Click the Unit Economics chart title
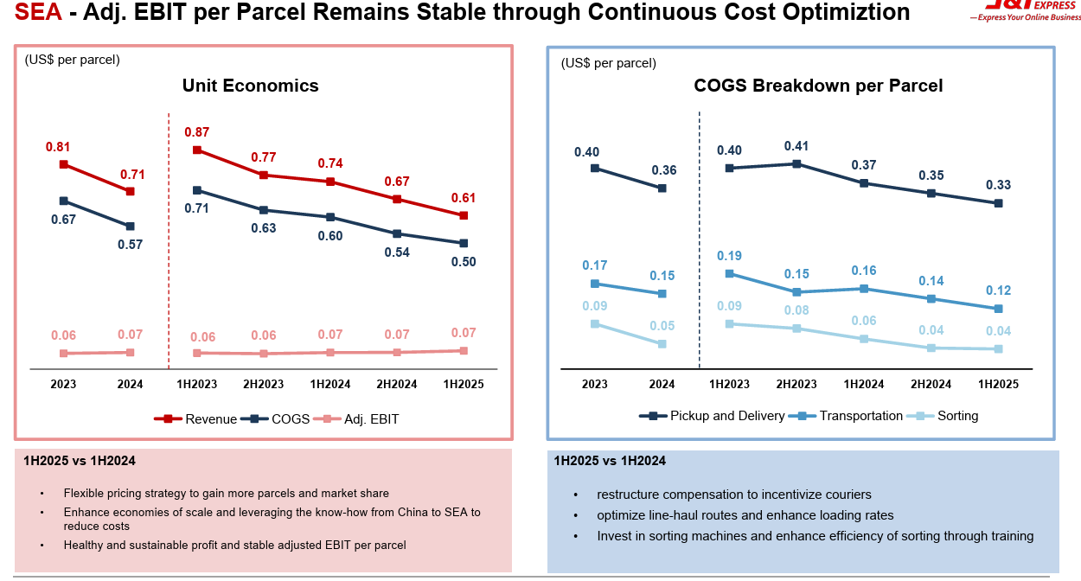pyautogui.click(x=250, y=86)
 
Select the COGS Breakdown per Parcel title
pyautogui.click(x=818, y=86)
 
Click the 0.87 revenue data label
pyautogui.click(x=196, y=132)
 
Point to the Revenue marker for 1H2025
pyautogui.click(x=464, y=215)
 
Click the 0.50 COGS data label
pyautogui.click(x=464, y=262)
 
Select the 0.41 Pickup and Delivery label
pyautogui.click(x=796, y=146)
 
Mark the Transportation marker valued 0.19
pyautogui.click(x=729, y=274)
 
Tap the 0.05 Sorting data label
pyautogui.click(x=662, y=326)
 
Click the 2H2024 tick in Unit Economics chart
pyautogui.click(x=397, y=384)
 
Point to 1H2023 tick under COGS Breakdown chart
pyautogui.click(x=729, y=384)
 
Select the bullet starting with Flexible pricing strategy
pyautogui.click(x=226, y=493)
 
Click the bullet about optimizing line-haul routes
pyautogui.click(x=745, y=515)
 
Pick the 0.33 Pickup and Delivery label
pyautogui.click(x=998, y=185)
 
